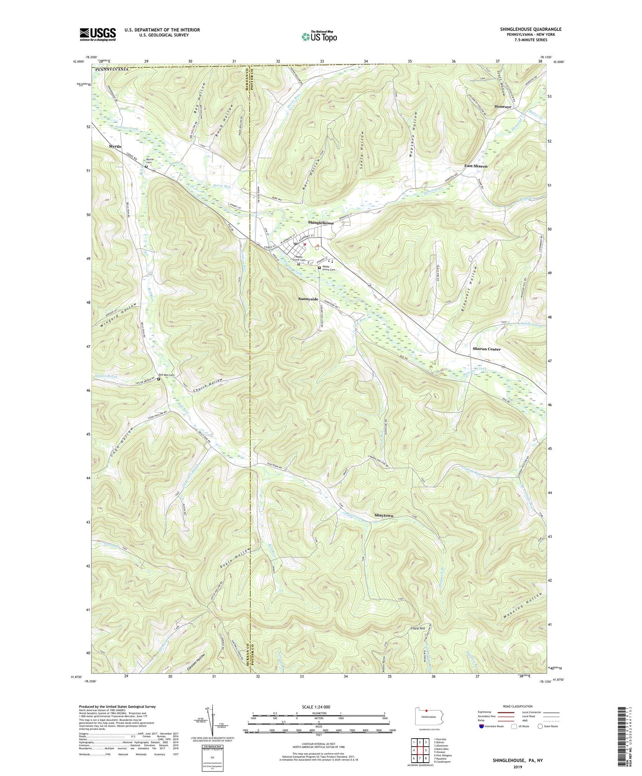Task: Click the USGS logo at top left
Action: click(97, 34)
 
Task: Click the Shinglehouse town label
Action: click(321, 223)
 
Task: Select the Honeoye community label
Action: click(502, 107)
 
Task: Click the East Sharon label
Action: click(475, 166)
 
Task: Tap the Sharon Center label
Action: click(486, 349)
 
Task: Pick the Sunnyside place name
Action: click(308, 299)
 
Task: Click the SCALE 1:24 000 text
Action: click(318, 707)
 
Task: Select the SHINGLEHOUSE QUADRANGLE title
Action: click(530, 29)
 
